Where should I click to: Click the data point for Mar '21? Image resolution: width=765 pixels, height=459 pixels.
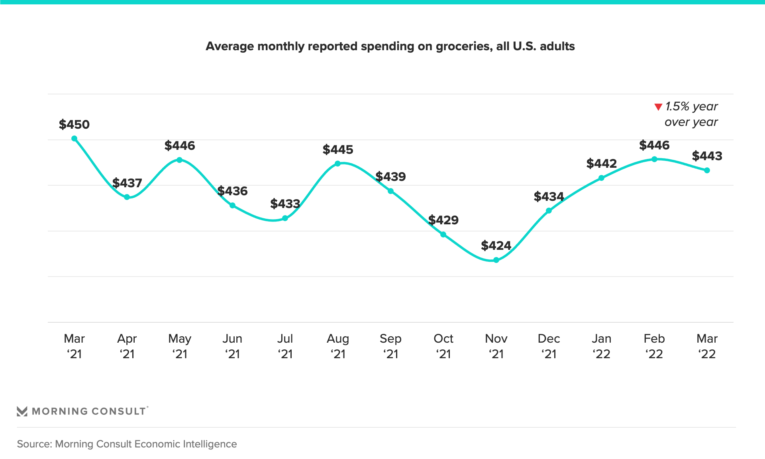pos(74,139)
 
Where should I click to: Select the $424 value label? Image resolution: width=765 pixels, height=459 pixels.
pos(496,245)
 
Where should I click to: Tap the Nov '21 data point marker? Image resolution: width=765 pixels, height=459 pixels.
pos(496,260)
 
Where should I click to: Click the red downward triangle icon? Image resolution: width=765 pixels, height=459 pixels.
pos(658,107)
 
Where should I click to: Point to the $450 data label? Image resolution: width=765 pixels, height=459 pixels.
pos(74,124)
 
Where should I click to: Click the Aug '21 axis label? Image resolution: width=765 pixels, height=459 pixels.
pos(338,346)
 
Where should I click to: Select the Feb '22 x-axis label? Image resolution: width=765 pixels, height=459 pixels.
pos(654,346)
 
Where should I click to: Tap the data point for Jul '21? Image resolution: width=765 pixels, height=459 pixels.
pos(285,218)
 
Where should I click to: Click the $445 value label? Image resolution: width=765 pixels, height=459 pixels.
pos(338,149)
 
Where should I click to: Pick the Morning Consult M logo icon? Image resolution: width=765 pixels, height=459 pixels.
pos(22,411)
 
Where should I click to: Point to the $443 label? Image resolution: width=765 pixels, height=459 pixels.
pos(707,156)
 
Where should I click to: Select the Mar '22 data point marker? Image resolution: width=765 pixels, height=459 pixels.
pos(707,171)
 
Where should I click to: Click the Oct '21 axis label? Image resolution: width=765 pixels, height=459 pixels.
pos(443,346)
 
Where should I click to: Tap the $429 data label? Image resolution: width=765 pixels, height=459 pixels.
pos(443,220)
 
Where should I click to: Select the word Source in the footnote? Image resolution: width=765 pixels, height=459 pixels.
pos(33,444)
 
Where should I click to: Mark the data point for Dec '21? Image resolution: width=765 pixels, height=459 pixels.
pos(549,211)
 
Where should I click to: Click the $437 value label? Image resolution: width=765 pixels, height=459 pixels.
pos(127,183)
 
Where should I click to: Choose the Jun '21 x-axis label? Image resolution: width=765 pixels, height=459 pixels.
pos(232,346)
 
